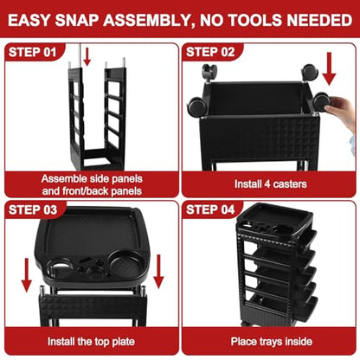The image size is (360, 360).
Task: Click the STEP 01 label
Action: [x=32, y=52]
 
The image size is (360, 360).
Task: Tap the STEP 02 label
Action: [x=210, y=52]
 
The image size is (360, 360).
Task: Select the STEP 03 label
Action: [x=33, y=209]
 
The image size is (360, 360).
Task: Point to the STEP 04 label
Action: [x=210, y=209]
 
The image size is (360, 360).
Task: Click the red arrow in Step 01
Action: [x=87, y=56]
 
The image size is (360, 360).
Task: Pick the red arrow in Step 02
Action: [x=329, y=68]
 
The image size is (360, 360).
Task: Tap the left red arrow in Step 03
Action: [x=27, y=275]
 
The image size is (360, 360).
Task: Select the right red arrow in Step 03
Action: [x=158, y=272]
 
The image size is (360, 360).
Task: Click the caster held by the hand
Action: [x=322, y=103]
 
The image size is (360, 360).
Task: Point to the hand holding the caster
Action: [x=341, y=111]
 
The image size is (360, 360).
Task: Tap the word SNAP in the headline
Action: [x=77, y=20]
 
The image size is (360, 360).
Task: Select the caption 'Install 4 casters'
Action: [x=270, y=183]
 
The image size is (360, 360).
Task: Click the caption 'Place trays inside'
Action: [x=272, y=341]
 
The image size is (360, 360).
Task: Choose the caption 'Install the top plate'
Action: [x=91, y=342]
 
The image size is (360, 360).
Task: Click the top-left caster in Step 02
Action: [x=209, y=72]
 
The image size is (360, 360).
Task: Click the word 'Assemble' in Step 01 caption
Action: [x=63, y=179]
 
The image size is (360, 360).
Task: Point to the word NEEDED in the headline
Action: [x=319, y=20]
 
